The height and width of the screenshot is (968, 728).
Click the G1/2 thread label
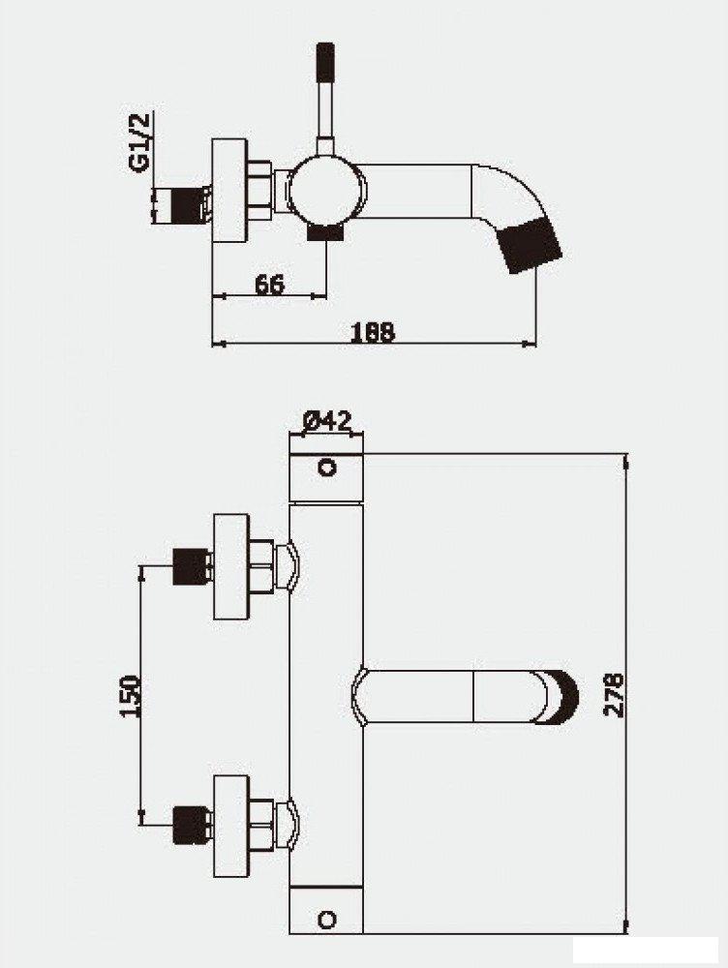tap(140, 142)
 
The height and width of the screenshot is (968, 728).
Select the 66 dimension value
tap(269, 285)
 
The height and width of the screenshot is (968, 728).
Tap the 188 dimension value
tap(373, 332)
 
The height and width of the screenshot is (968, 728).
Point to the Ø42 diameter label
tap(327, 422)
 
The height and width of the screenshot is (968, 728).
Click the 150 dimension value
tap(129, 696)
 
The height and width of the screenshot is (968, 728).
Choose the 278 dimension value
tap(613, 694)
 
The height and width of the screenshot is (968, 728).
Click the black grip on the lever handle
tap(324, 62)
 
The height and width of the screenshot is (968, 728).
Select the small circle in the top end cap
tap(327, 468)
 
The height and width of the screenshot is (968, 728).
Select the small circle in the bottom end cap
tap(326, 921)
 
